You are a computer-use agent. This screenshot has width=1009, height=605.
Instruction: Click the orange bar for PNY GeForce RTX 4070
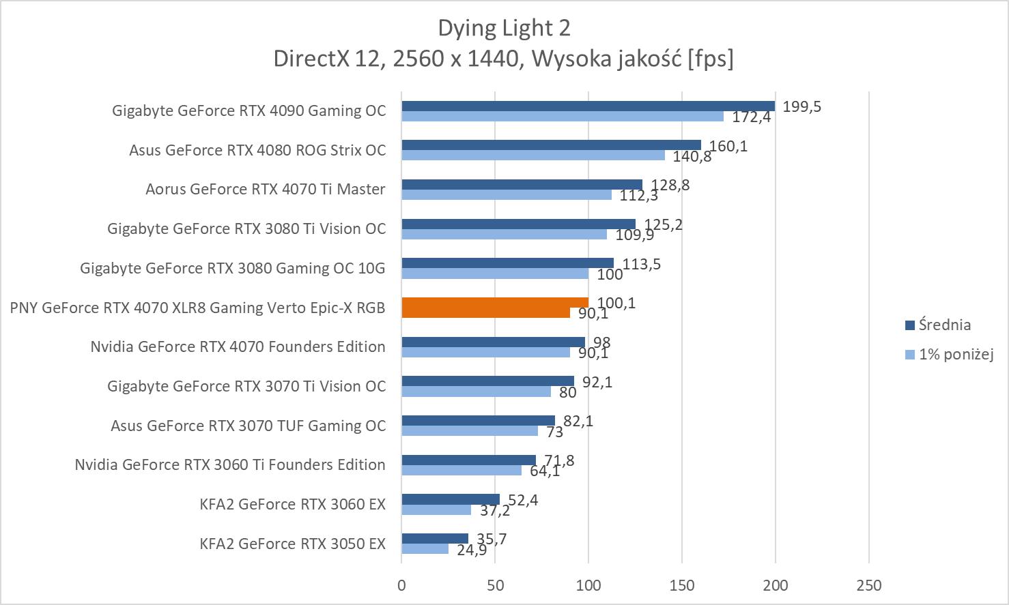495,303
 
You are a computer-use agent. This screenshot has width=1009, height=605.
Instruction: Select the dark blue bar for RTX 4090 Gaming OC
588,106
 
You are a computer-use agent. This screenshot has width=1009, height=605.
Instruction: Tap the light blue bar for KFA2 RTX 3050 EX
425,549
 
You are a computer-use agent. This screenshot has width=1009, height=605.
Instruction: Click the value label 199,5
801,106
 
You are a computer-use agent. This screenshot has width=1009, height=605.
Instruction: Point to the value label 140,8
692,157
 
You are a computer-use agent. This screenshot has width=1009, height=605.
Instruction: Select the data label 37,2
494,510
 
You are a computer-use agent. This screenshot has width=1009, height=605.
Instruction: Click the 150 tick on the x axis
682,585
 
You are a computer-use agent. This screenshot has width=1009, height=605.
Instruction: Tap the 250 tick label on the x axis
868,585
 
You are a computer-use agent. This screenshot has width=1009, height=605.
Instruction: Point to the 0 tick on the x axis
401,585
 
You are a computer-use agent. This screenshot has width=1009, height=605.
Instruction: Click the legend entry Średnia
944,325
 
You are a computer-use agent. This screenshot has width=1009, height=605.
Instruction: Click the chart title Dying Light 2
504,28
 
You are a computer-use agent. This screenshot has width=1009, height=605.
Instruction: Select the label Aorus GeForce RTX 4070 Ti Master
265,190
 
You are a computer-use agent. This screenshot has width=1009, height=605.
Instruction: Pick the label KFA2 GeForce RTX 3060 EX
292,504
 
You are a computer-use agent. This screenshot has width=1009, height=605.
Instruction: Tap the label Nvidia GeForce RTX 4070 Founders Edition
238,346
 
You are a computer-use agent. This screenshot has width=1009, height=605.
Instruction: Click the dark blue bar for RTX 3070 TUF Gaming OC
478,420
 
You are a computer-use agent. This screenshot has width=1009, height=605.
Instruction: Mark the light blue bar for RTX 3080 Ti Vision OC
504,235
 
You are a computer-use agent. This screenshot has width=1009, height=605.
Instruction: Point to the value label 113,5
642,264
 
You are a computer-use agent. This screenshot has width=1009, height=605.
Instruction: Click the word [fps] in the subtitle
711,59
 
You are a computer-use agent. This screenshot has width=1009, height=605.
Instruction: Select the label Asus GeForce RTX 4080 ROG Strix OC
257,150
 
